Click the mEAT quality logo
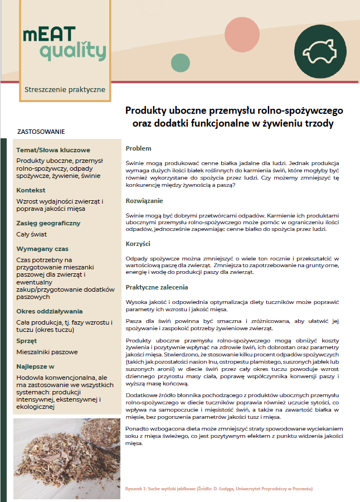click(64, 43)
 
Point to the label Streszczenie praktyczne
click(65, 89)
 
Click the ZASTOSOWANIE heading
click(41, 132)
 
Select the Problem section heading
click(139, 148)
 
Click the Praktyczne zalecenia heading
click(157, 287)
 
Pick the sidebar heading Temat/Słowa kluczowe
click(53, 150)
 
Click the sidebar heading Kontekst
click(31, 190)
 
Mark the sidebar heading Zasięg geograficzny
click(48, 223)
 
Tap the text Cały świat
click(32, 234)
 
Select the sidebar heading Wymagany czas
click(42, 249)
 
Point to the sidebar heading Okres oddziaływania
click(50, 311)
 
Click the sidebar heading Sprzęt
click(27, 341)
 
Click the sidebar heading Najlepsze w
click(35, 366)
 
